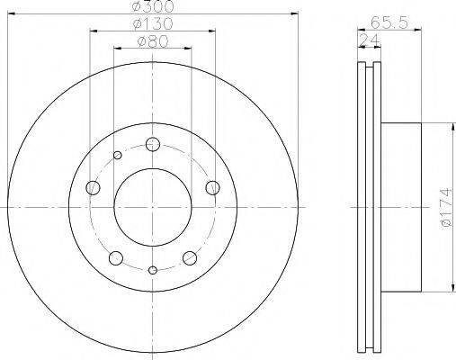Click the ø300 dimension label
tap(153, 6)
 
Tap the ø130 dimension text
tap(153, 23)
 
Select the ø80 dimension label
tap(153, 41)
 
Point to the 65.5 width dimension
tap(389, 22)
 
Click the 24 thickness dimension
tap(370, 40)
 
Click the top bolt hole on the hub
tap(153, 144)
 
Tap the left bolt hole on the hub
tap(93, 188)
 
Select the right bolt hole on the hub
tap(212, 187)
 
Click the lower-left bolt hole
tap(116, 258)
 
